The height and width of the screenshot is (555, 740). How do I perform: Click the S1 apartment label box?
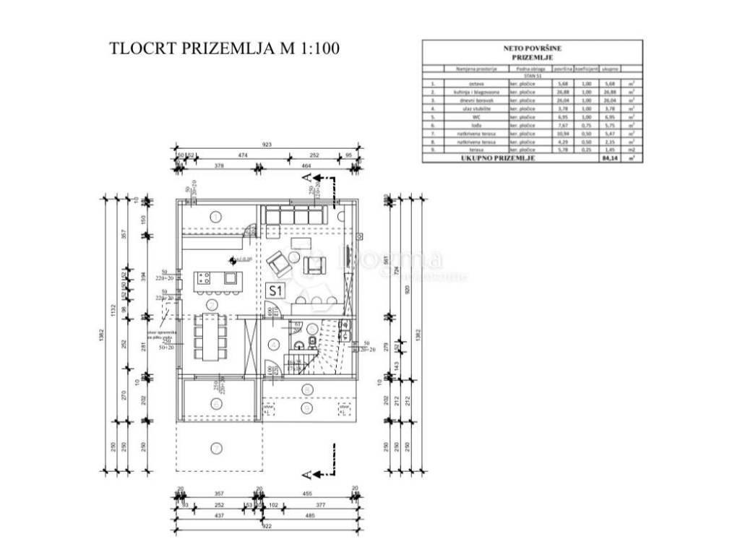pyautogui.click(x=275, y=291)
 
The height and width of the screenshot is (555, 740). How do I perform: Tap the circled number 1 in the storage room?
pyautogui.click(x=216, y=215)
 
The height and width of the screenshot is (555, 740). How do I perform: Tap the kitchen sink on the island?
pyautogui.click(x=229, y=278)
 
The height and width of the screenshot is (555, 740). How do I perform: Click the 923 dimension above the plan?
pyautogui.click(x=267, y=145)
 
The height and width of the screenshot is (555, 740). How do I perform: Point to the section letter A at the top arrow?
pyautogui.click(x=306, y=176)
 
